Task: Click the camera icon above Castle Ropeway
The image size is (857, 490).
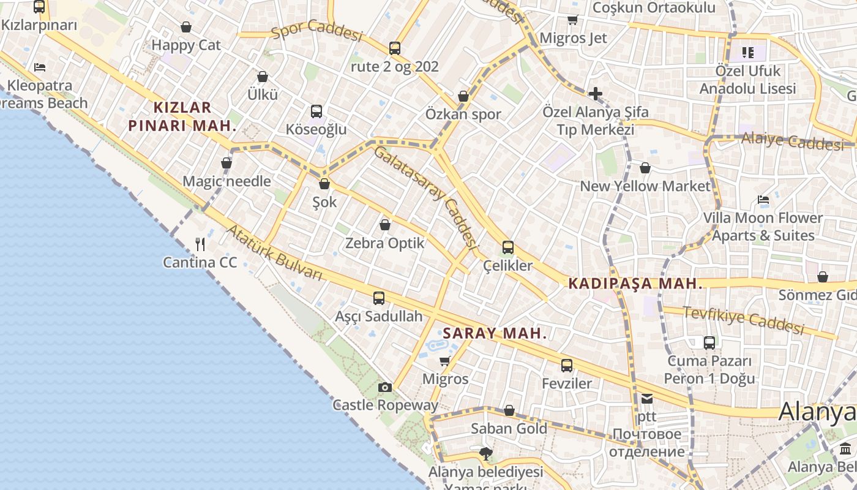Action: click(385, 387)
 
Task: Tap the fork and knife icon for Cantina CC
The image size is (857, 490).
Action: click(200, 244)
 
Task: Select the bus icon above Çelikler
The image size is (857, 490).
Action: click(508, 247)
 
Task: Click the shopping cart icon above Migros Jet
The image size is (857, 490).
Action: click(573, 20)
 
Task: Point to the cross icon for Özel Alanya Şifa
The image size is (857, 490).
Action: click(595, 94)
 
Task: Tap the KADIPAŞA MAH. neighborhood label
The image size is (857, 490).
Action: click(635, 284)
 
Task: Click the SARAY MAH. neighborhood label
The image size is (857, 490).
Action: click(495, 334)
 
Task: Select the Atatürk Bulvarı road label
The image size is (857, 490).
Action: click(274, 253)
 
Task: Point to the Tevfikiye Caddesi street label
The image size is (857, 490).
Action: click(743, 320)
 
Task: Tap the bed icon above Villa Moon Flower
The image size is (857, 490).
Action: click(763, 200)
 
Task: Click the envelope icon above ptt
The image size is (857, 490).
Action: click(647, 399)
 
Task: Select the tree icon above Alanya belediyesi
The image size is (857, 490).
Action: click(486, 454)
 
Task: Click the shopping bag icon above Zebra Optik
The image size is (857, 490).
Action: click(385, 225)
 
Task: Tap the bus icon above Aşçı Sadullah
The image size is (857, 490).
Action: click(379, 298)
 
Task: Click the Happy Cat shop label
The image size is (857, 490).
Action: click(186, 45)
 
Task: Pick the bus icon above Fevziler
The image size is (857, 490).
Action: click(567, 366)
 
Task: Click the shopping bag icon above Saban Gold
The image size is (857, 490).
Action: click(509, 410)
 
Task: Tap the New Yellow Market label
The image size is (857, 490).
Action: click(645, 186)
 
